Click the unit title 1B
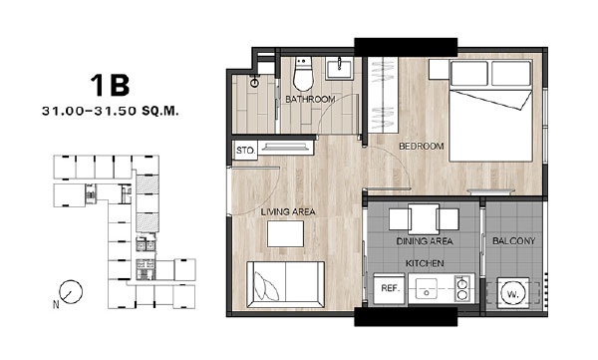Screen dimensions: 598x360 (110, 85)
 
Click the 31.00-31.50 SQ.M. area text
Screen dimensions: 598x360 (111, 111)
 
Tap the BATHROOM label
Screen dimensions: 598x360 (310, 100)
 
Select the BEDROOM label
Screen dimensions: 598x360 (422, 146)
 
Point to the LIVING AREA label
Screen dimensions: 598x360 (288, 211)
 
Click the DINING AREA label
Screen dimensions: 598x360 (425, 241)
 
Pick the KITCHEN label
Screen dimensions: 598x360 (425, 263)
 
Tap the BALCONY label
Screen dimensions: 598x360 (513, 241)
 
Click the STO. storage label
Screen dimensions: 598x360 (245, 151)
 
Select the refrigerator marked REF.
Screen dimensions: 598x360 (390, 288)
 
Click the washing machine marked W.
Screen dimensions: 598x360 (513, 293)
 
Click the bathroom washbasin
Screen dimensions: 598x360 (338, 68)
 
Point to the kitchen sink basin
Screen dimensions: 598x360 (427, 288)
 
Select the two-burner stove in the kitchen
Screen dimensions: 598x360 (463, 288)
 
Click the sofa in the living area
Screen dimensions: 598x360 (286, 284)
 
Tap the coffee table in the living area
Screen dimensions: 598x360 (286, 233)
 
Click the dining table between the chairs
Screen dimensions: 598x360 (424, 219)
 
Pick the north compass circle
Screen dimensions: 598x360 (71, 292)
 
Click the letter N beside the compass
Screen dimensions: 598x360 (56, 304)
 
